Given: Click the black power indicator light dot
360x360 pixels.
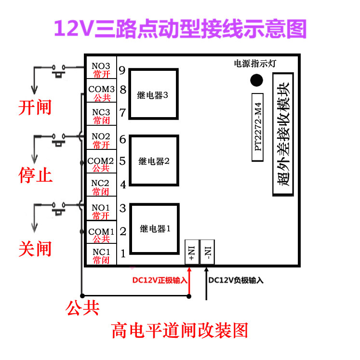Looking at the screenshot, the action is click(257, 80).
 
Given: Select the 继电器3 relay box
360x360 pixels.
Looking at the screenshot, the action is click(154, 94).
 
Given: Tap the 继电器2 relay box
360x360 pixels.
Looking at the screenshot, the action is click(154, 161).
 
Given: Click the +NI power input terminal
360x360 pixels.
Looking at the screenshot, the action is click(191, 252).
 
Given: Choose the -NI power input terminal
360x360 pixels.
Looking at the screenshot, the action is click(208, 252).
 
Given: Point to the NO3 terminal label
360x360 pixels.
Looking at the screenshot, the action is click(101, 67).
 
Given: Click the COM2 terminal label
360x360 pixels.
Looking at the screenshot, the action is click(101, 160).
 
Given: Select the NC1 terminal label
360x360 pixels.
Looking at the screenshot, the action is click(101, 252).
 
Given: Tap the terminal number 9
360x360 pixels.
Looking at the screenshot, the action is click(122, 70).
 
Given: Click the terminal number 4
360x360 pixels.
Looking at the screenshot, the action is click(123, 184).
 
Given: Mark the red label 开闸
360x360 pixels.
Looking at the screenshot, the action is click(35, 107).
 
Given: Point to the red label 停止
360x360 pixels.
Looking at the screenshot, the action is click(35, 174).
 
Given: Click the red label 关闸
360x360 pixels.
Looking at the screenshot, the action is click(35, 249).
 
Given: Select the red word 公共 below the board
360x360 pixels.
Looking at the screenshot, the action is click(83, 307).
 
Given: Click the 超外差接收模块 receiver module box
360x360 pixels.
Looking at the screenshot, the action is click(285, 134).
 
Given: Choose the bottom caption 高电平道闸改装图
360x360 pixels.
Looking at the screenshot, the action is click(180, 331).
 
